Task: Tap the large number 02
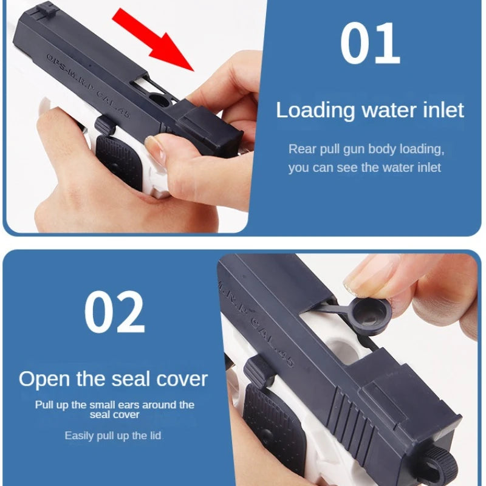click(x=114, y=312)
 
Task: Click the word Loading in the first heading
click(x=315, y=111)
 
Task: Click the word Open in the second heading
click(x=44, y=379)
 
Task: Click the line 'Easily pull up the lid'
click(x=113, y=436)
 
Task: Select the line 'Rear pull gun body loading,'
click(x=366, y=149)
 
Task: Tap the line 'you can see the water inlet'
click(x=364, y=168)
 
